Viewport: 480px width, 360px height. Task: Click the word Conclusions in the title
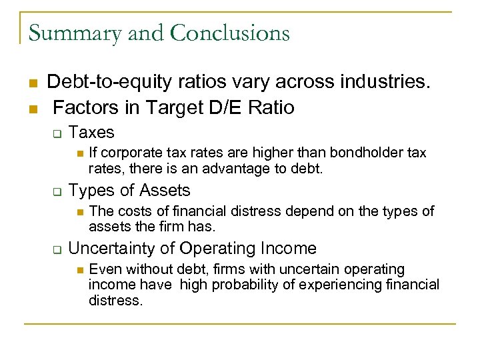click(x=230, y=32)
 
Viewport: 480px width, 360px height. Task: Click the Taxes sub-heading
click(x=91, y=133)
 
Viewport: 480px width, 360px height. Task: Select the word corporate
click(x=130, y=153)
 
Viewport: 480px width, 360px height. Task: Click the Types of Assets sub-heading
click(x=129, y=191)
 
